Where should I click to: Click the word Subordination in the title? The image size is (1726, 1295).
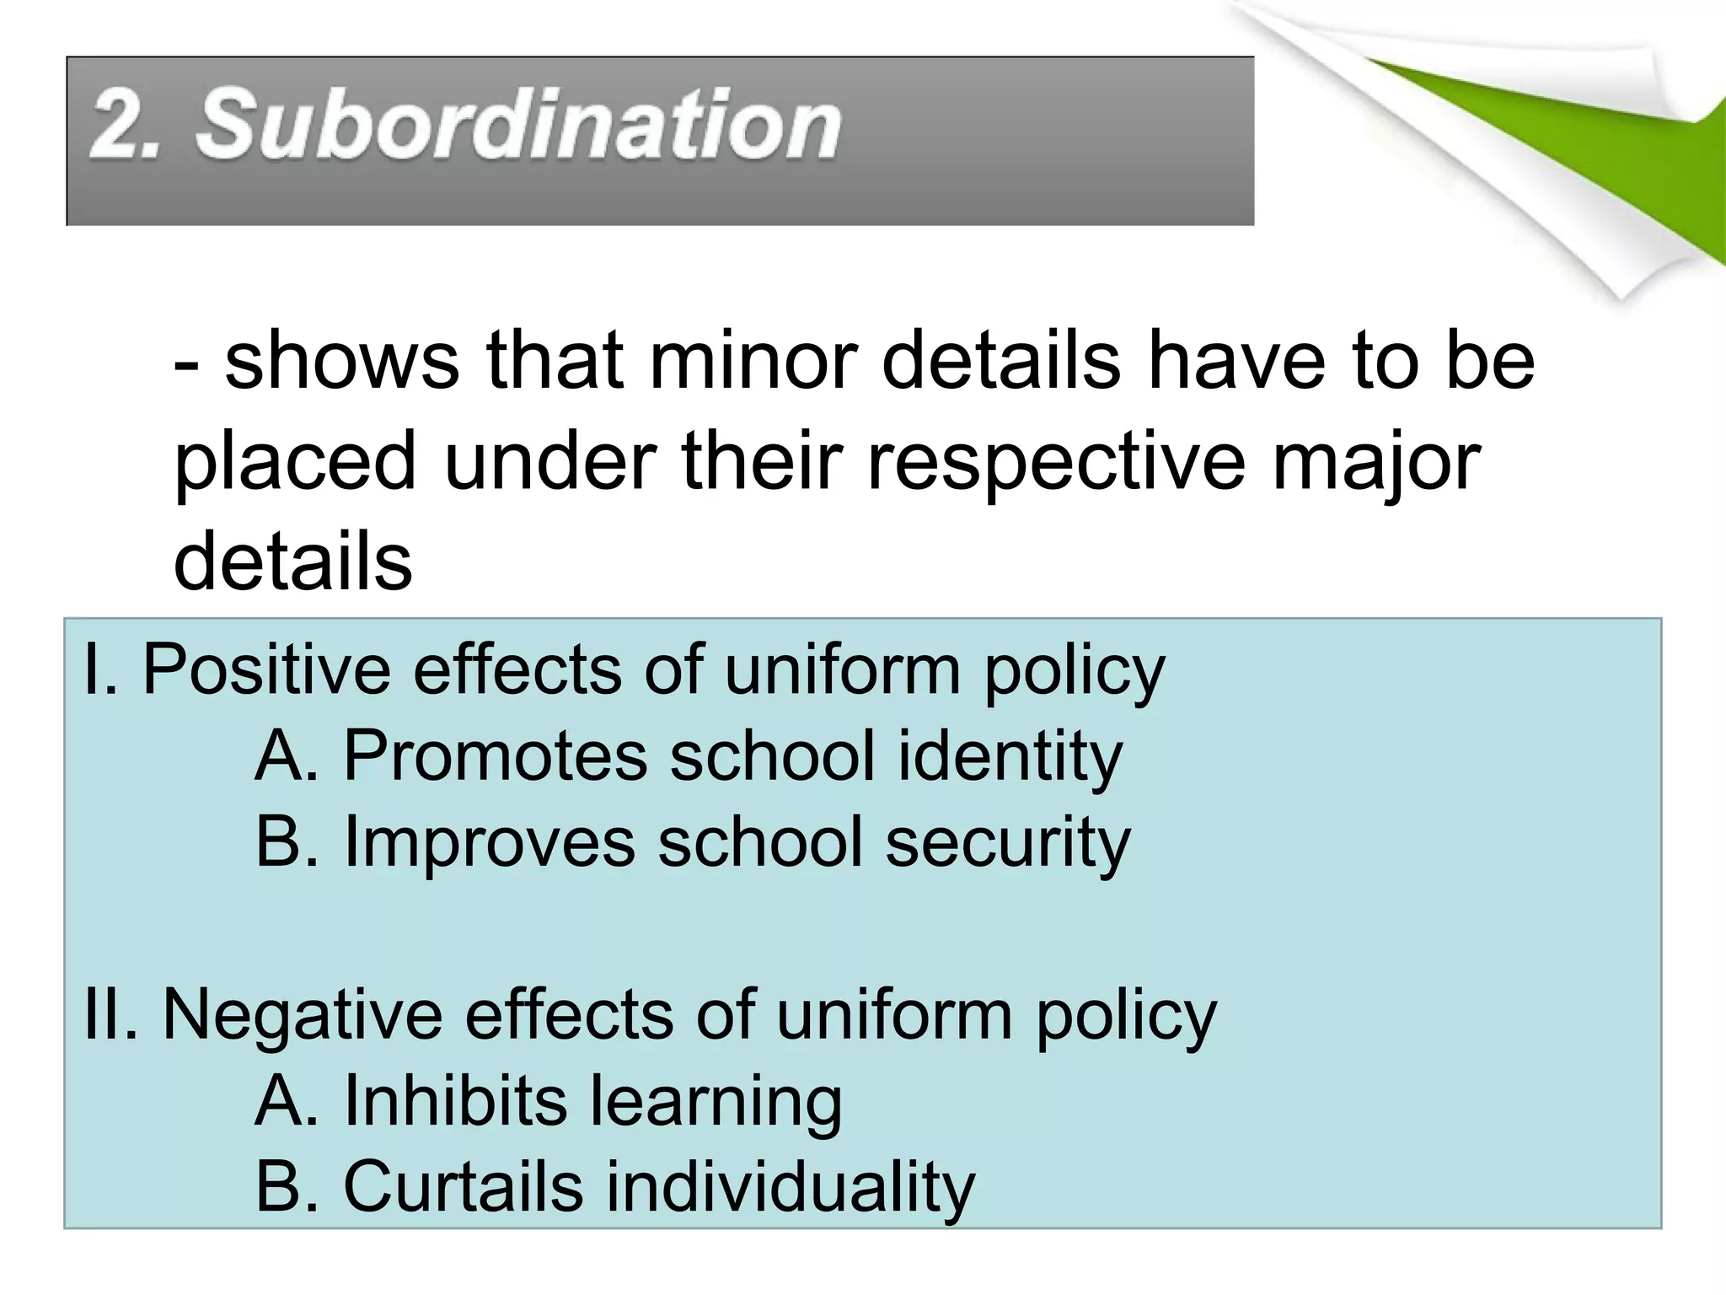click(518, 126)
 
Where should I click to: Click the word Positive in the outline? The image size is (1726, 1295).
click(265, 670)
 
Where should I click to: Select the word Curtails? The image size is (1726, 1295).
click(463, 1186)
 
